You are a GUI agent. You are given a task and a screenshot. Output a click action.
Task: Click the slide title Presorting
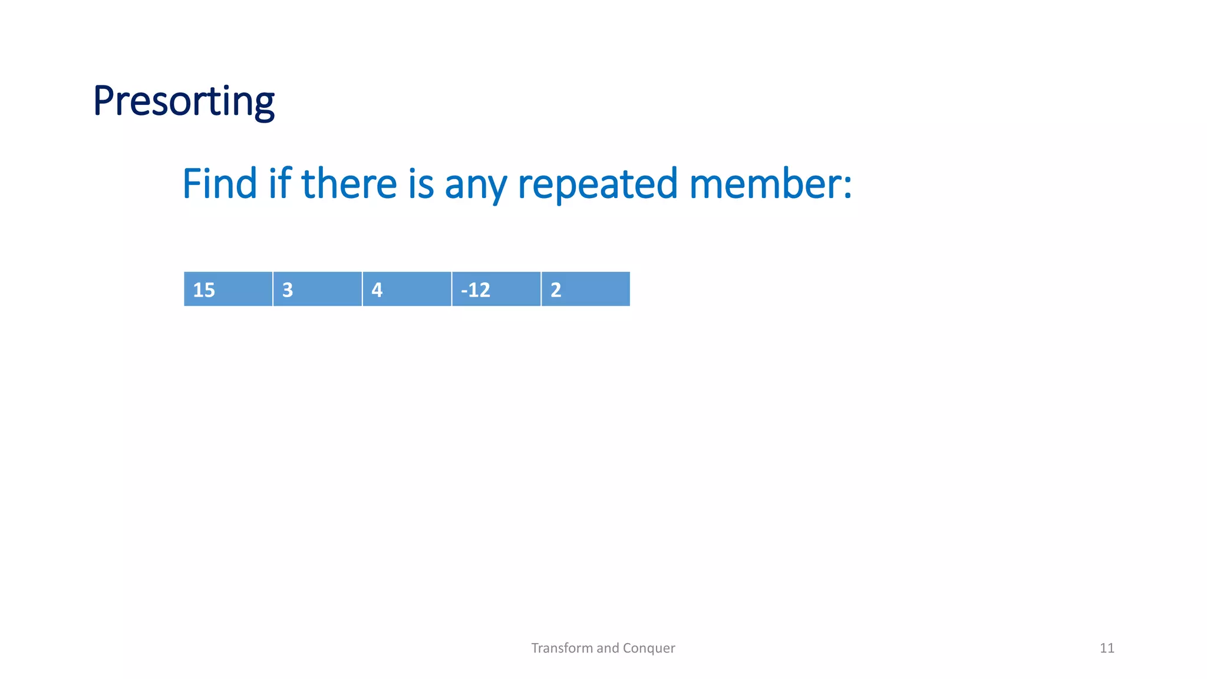click(183, 101)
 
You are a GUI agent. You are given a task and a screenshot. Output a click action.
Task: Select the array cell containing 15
click(228, 289)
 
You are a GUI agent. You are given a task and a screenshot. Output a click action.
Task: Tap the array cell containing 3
click(317, 289)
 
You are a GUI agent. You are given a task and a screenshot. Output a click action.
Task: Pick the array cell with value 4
click(407, 289)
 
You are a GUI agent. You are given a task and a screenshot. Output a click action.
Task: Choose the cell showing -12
click(496, 289)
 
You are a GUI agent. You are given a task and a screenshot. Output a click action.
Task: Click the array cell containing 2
click(585, 289)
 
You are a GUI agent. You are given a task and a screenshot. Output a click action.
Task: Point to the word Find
click(219, 183)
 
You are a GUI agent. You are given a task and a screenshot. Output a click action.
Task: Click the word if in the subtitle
click(280, 183)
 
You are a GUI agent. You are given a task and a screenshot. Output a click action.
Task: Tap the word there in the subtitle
click(349, 183)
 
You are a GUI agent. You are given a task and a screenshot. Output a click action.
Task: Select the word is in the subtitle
click(421, 183)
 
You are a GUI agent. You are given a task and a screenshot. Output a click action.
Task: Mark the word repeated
click(598, 184)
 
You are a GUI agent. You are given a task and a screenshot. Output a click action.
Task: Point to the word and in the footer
click(607, 648)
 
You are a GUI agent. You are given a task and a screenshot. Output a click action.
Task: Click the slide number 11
click(1107, 648)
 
